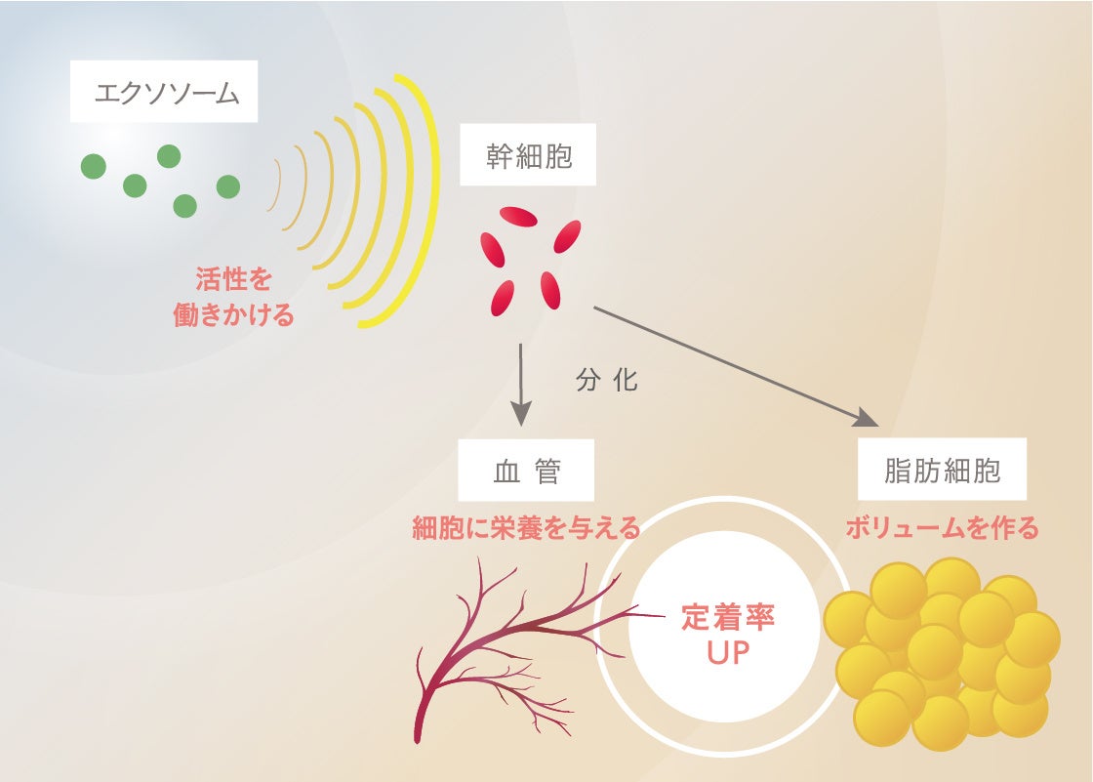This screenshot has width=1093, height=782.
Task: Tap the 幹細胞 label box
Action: pos(529,156)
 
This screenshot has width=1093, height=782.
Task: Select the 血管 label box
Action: pos(527,473)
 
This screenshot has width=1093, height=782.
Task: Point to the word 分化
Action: pos(607,381)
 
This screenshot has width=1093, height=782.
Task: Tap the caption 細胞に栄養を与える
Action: pos(527,529)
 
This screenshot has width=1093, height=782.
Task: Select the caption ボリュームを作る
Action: pos(942,529)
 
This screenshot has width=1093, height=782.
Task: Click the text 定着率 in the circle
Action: pos(728,618)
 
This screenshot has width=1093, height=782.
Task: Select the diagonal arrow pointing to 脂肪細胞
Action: pos(732,366)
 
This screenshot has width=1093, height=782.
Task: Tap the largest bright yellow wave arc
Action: pos(422,200)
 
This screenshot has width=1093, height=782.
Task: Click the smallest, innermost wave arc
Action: pos(277,185)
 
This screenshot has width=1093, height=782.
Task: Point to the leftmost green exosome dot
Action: pos(93,167)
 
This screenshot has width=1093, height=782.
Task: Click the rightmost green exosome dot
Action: pos(227,186)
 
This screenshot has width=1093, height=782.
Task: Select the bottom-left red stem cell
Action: pos(503,296)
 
